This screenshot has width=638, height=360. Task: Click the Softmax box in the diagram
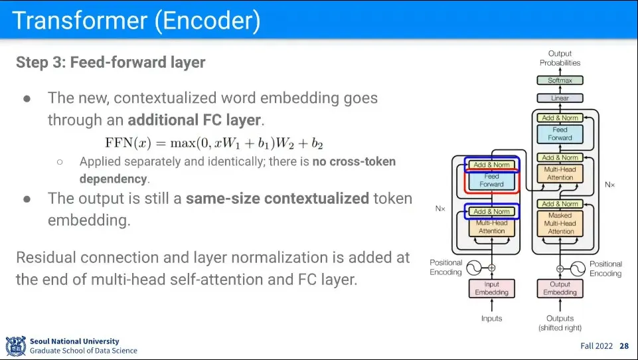560,80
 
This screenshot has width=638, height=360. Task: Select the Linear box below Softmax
560,98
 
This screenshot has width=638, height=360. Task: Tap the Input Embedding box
491,288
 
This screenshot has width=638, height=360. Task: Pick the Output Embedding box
560,288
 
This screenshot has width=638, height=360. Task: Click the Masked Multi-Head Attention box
560,223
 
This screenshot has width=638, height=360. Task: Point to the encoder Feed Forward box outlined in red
491,181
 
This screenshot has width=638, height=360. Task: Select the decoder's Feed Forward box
560,134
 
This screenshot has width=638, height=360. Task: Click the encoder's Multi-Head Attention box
491,227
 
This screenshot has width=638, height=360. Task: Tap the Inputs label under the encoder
491,318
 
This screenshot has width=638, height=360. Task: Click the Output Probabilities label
560,58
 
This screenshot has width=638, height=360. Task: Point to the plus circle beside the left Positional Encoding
491,268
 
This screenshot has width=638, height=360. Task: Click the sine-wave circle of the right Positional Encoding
578,269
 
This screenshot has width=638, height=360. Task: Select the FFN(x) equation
214,143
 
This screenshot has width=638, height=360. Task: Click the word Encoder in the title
208,21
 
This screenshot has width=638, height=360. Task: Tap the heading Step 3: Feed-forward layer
111,62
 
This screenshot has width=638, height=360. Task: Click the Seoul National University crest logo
16,346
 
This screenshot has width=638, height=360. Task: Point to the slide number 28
624,346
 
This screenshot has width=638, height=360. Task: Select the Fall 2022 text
596,346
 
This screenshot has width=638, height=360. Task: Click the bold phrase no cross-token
354,161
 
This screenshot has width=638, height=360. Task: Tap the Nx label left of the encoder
440,209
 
